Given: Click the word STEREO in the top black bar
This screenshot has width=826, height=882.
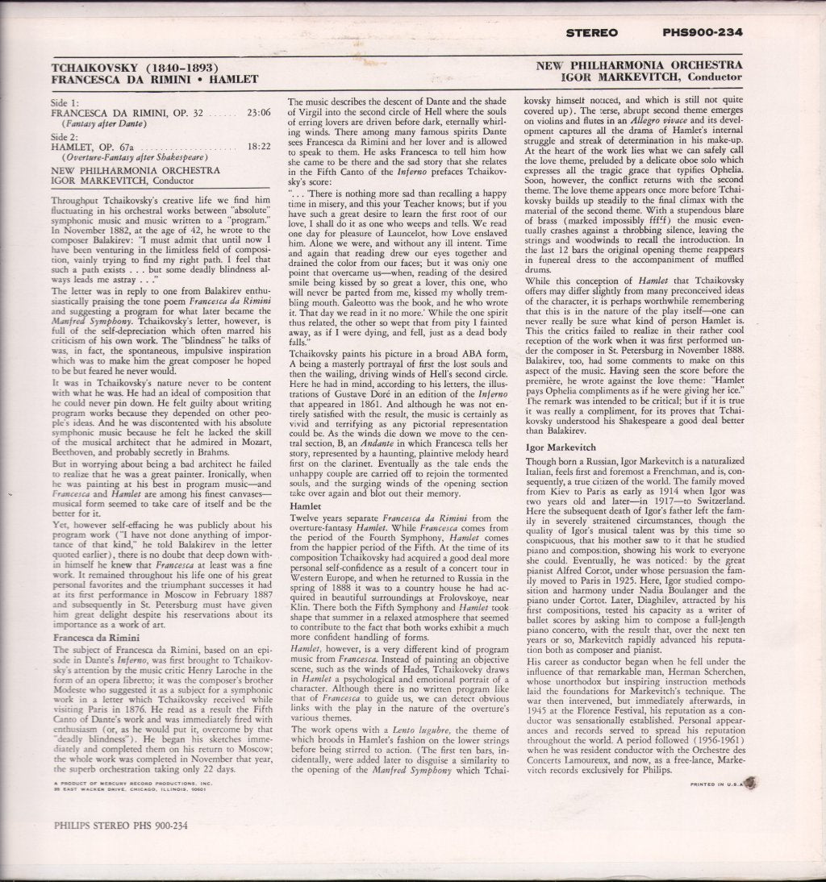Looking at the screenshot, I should pos(592,33).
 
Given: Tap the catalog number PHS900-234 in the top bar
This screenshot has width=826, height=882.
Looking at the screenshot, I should pos(700,33).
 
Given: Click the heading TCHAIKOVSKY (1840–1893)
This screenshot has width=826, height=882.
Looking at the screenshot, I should pos(136,67).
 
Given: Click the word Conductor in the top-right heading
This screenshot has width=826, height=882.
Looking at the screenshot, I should pos(711,77).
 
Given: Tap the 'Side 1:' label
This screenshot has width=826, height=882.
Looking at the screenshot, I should pos(65,103).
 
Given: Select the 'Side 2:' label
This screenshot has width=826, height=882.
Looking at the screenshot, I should pos(65,138).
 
